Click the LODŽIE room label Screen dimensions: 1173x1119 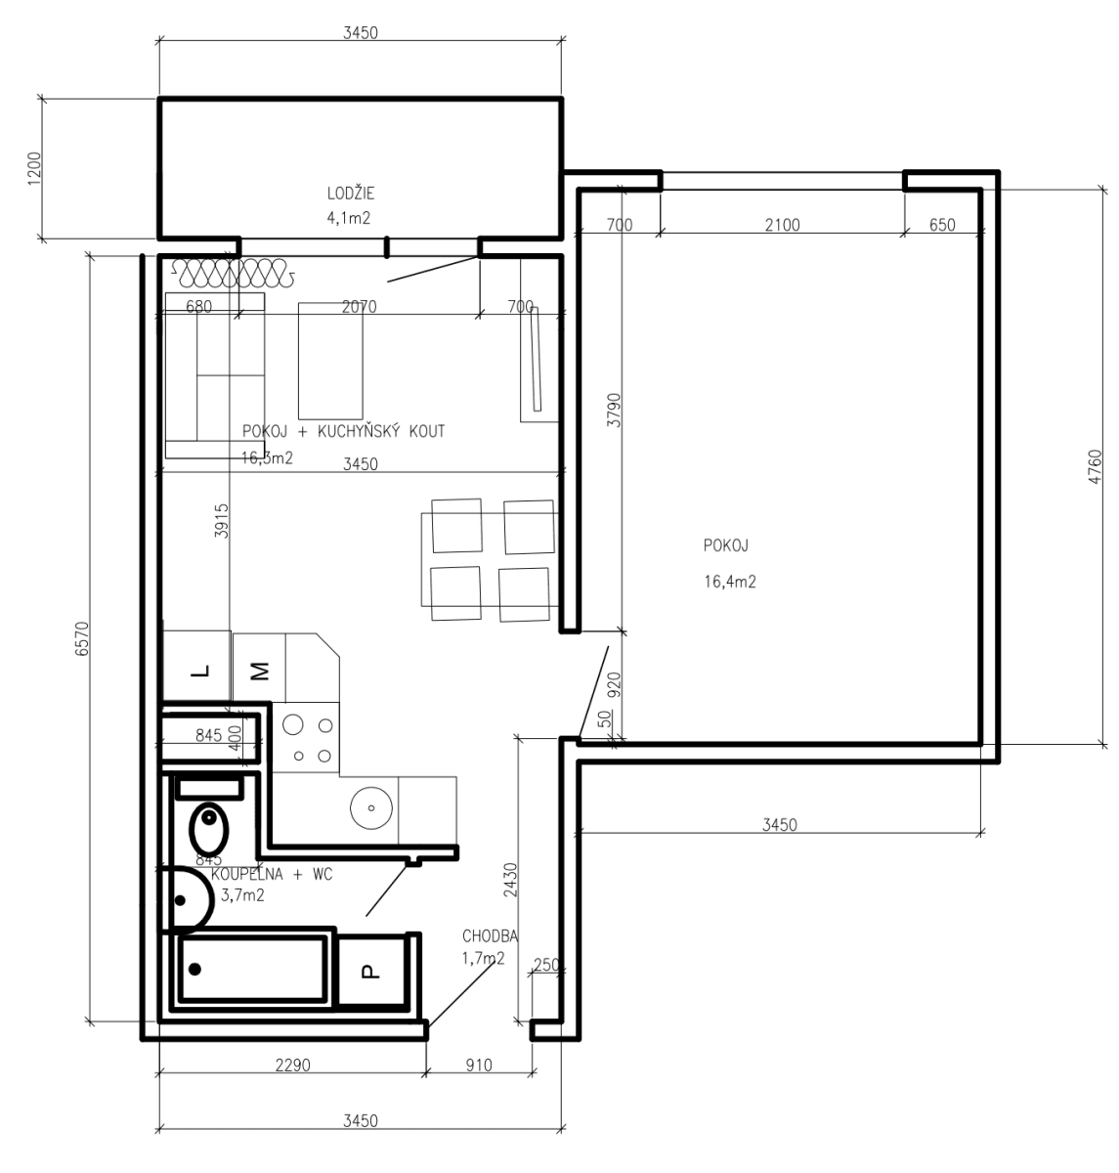point(350,193)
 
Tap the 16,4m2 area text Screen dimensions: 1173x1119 point(729,582)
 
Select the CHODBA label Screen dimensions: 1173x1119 point(490,936)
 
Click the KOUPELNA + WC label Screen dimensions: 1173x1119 point(272,875)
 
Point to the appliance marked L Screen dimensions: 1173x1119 point(198,671)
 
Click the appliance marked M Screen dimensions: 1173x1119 point(259,671)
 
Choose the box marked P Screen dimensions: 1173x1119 point(369,971)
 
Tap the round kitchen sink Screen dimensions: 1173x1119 point(371,806)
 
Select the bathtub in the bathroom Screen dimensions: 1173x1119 point(251,969)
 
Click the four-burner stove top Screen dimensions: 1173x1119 point(308,739)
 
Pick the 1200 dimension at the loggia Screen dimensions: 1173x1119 point(35,168)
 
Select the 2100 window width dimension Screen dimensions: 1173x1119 point(782,225)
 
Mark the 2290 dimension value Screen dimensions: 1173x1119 point(291,1065)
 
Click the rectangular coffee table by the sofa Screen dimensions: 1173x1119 point(330,361)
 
